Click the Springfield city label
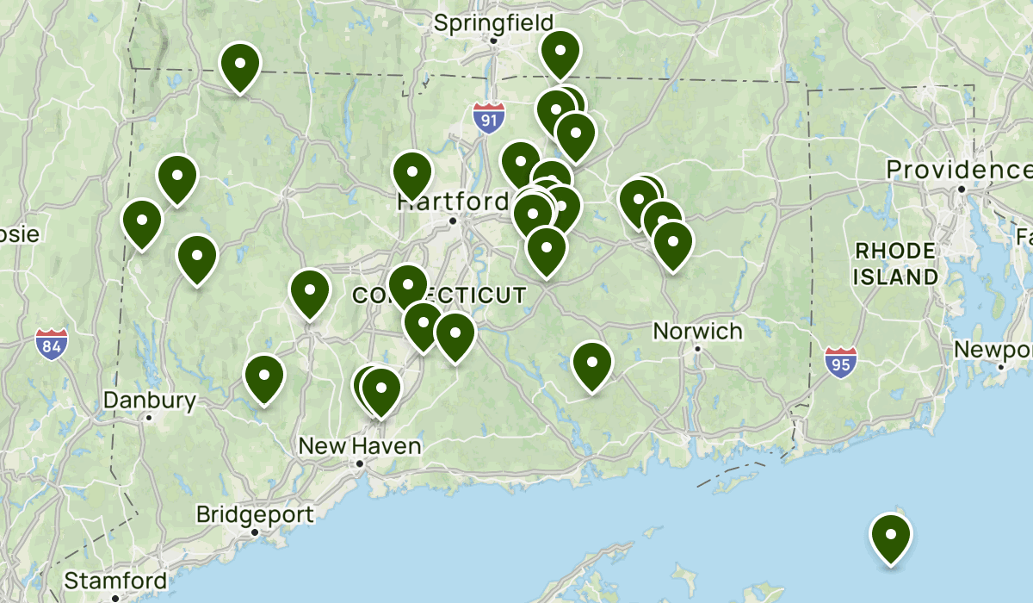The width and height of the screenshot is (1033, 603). click(x=493, y=22)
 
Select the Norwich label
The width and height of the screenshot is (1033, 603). click(x=697, y=331)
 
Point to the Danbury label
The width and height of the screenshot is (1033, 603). click(x=150, y=401)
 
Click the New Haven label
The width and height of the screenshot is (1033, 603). click(x=360, y=446)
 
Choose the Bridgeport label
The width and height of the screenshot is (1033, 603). click(x=255, y=515)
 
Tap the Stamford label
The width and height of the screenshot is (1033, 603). click(x=115, y=579)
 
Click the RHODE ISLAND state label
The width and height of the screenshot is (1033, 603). click(x=895, y=264)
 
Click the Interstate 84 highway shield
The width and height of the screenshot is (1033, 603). click(x=52, y=345)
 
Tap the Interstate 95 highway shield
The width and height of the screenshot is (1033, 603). click(x=840, y=363)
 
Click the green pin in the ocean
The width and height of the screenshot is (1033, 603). click(x=891, y=536)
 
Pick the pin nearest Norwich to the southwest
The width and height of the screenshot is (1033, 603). click(x=592, y=364)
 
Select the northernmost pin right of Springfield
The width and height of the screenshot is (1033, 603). click(x=560, y=52)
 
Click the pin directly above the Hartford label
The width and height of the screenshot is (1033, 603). click(x=412, y=173)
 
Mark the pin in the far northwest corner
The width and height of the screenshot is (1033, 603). click(x=240, y=65)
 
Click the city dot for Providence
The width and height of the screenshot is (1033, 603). click(x=960, y=189)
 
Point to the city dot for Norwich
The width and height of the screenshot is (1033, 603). click(x=698, y=349)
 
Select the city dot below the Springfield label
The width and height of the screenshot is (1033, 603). click(x=494, y=40)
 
